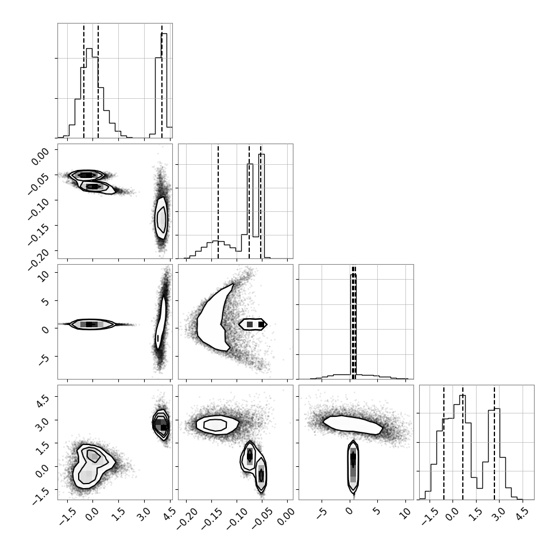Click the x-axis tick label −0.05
click(x=263, y=519)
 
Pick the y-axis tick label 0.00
click(x=40, y=156)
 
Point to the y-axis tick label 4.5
click(x=42, y=399)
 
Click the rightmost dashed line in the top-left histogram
click(x=161, y=81)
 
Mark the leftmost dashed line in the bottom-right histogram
click(x=444, y=443)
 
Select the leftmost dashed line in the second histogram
click(x=218, y=202)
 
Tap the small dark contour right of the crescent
click(x=253, y=324)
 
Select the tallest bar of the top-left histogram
click(x=164, y=85)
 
